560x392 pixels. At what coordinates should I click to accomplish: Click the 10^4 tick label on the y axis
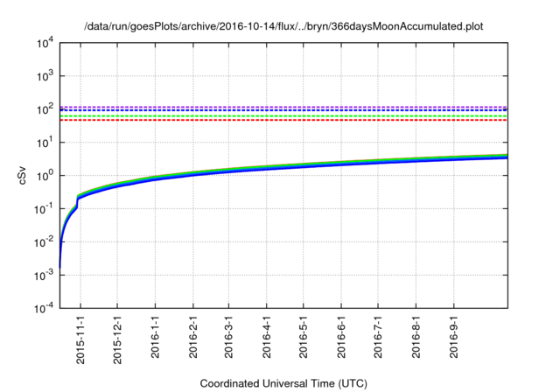point(45,42)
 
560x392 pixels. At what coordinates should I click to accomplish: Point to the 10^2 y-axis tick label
point(45,108)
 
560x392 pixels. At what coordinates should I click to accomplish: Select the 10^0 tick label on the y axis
point(45,175)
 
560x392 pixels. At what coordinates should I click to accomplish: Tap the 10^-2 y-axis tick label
point(44,241)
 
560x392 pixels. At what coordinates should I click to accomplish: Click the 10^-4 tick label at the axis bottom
point(44,308)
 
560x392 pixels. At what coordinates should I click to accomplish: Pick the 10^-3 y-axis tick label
point(44,275)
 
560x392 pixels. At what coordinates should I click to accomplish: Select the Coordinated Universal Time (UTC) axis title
point(283,384)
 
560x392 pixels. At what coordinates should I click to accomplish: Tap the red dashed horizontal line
point(289,120)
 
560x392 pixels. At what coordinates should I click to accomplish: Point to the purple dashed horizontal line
point(289,107)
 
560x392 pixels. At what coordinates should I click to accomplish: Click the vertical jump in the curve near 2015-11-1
point(78,202)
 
